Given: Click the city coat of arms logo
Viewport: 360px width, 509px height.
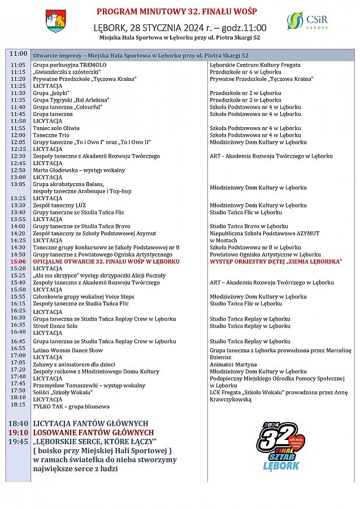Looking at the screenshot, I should (x=55, y=21).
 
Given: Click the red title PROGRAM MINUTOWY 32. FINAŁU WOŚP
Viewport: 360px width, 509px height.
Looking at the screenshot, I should (x=180, y=11).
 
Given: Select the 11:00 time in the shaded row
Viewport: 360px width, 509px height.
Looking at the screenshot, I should (x=18, y=54).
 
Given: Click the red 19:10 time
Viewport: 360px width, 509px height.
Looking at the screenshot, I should (x=18, y=433).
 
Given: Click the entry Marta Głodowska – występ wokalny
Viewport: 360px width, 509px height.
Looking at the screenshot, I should (x=79, y=170).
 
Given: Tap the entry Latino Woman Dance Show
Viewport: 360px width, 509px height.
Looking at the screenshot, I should (x=67, y=351).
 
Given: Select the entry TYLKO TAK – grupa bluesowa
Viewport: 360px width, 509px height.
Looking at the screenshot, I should (x=70, y=406).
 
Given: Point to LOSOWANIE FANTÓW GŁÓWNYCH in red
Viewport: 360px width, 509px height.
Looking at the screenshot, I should (x=93, y=433).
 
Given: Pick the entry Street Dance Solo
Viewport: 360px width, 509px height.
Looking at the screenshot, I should (x=55, y=326).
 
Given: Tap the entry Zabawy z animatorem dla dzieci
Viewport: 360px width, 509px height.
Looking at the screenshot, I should (x=74, y=365).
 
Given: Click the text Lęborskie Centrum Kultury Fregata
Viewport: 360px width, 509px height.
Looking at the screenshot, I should (x=255, y=66).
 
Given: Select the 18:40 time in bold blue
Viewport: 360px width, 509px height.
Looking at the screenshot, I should (x=18, y=424).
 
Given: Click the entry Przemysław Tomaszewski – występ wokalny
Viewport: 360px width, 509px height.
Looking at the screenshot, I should (x=89, y=386).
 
